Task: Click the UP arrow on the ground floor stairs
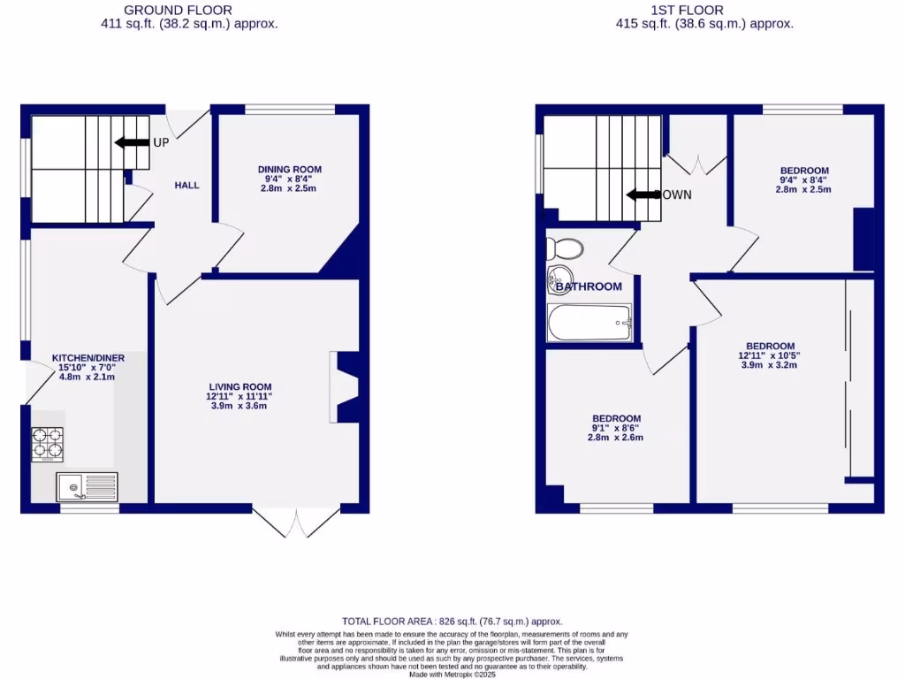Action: pyautogui.click(x=131, y=142)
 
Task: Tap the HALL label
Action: pyautogui.click(x=186, y=186)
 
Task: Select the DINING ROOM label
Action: pyautogui.click(x=289, y=169)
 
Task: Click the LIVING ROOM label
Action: pyautogui.click(x=240, y=386)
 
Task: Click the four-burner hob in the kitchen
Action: pyautogui.click(x=48, y=444)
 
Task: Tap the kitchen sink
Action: pyautogui.click(x=87, y=485)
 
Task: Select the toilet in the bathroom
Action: pyautogui.click(x=564, y=246)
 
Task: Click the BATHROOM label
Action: pyautogui.click(x=588, y=286)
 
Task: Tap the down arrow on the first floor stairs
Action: pyautogui.click(x=643, y=195)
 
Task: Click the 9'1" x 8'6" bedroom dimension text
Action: pyautogui.click(x=615, y=429)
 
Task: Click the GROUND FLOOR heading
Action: pyautogui.click(x=178, y=11)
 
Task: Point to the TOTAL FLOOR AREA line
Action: pyautogui.click(x=452, y=622)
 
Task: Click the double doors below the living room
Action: pyautogui.click(x=295, y=523)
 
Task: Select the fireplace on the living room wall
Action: pyautogui.click(x=346, y=387)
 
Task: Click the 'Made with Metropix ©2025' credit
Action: pyautogui.click(x=452, y=674)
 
